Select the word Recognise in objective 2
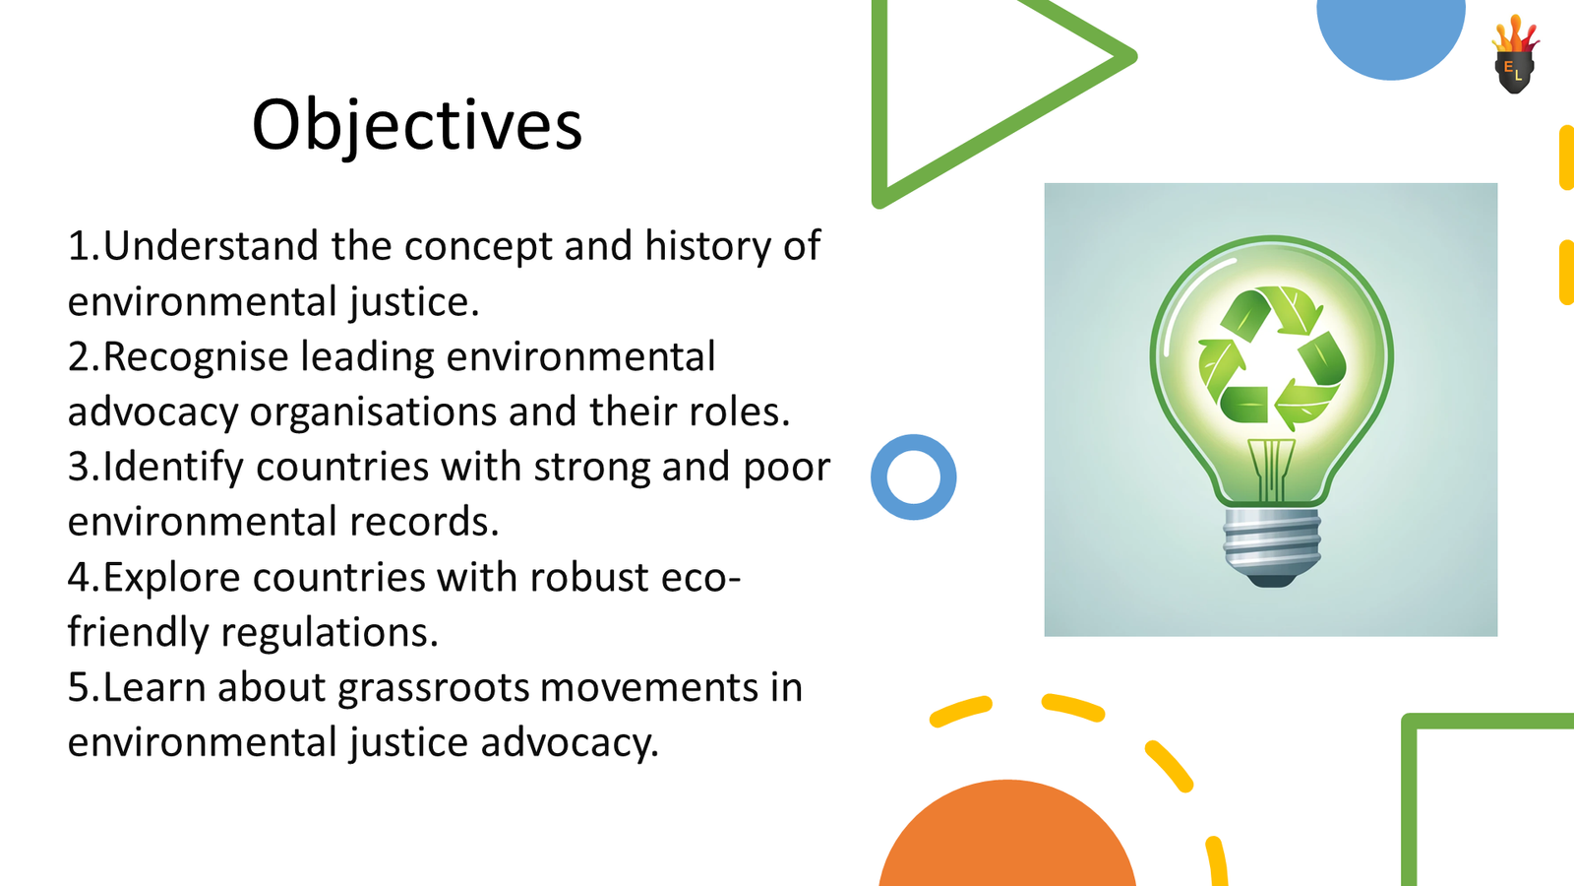[x=196, y=356]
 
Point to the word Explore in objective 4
[x=172, y=578]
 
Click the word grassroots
[x=433, y=688]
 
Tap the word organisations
[x=373, y=412]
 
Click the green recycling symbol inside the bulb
[x=1272, y=357]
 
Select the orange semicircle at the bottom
[x=1007, y=833]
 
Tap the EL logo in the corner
[x=1515, y=55]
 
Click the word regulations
[x=330, y=633]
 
